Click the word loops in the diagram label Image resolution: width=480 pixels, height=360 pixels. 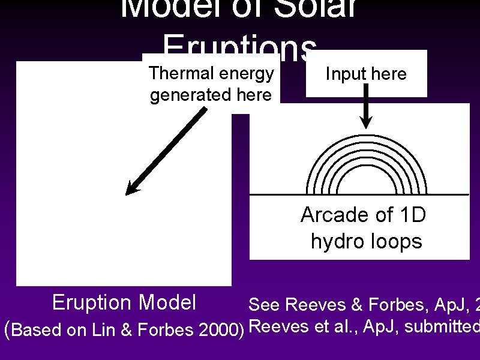tap(397, 241)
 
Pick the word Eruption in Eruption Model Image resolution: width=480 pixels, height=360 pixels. tap(92, 302)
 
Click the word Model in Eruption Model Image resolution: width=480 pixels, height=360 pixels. tap(169, 302)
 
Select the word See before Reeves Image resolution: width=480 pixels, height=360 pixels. tap(264, 305)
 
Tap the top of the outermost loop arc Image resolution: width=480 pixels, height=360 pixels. tap(367, 136)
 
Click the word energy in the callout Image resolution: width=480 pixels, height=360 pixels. tap(247, 73)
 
